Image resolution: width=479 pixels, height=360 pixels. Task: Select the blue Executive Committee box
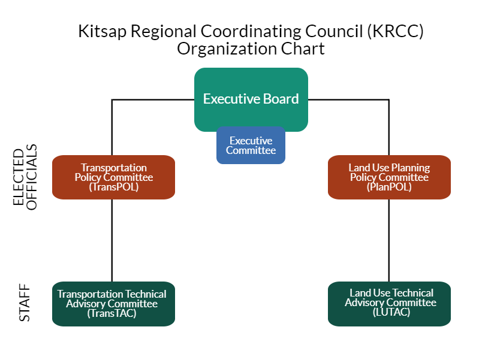coord(251,146)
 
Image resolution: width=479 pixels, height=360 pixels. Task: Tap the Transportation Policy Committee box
coord(113,177)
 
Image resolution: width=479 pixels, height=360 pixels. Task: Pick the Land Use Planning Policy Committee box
coord(389,177)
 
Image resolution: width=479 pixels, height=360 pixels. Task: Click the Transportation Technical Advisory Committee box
coord(113,304)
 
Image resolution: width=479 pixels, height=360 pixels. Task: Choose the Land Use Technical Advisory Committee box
coord(389,304)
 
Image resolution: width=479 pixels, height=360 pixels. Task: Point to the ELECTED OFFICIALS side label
coord(26,177)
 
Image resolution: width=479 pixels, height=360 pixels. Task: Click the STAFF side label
coord(25,304)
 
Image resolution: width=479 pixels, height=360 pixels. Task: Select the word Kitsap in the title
coord(98,32)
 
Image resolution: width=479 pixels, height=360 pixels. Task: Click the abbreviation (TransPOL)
coord(113,187)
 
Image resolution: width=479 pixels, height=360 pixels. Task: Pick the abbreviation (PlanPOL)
coord(389,187)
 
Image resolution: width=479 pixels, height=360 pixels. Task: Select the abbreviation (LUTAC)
coord(390,313)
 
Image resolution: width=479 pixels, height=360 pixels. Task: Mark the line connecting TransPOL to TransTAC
coord(112,240)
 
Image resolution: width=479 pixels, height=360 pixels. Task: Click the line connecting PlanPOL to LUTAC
coord(389,240)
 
